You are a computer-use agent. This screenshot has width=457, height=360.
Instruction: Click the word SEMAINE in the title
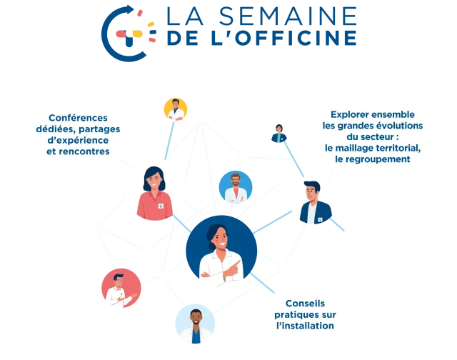point(288,16)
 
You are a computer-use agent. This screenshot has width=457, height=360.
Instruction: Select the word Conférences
point(78,118)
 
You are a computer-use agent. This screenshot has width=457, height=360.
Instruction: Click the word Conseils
point(305,304)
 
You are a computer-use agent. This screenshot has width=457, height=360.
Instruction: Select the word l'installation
point(305,326)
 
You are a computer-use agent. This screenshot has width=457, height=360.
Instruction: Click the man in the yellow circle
point(176,109)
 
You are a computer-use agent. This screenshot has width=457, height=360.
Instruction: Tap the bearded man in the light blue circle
point(236,187)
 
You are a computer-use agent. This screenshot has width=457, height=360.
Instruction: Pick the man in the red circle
point(121,288)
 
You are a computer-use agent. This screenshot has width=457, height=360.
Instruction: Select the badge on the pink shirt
point(161,206)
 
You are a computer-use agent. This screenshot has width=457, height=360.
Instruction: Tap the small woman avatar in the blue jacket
point(279,134)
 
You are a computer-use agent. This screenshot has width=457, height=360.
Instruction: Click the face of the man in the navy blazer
point(311,194)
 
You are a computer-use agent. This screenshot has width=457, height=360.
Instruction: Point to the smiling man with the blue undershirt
point(195,324)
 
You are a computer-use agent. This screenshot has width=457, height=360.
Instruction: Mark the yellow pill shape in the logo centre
point(137,34)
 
